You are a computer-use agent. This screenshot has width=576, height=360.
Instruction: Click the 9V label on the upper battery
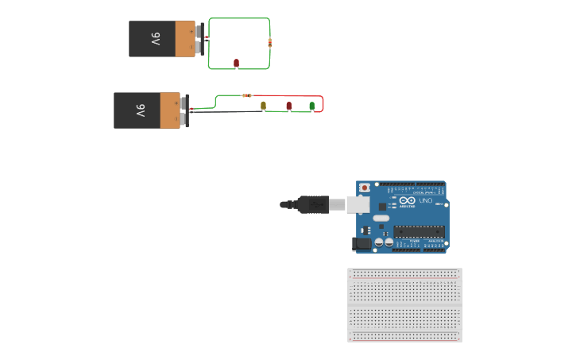(156, 39)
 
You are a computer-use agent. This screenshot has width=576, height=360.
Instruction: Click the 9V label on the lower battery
(140, 110)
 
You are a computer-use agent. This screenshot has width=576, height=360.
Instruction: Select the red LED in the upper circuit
(236, 62)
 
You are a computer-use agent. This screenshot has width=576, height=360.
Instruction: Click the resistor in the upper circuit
(269, 42)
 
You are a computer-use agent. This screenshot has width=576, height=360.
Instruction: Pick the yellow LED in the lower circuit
(264, 105)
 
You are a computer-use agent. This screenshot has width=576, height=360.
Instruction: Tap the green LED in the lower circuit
(311, 105)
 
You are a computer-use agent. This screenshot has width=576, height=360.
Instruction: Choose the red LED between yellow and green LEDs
(288, 105)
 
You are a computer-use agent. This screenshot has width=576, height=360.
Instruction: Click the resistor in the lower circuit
(247, 95)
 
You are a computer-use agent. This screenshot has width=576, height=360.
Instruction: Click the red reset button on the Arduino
(365, 188)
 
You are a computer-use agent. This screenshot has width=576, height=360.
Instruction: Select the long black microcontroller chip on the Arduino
(418, 232)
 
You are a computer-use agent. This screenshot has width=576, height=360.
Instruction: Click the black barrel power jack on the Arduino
(363, 244)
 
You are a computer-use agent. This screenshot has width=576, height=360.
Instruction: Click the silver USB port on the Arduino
(358, 204)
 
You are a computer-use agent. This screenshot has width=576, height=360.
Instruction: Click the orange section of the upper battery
(184, 39)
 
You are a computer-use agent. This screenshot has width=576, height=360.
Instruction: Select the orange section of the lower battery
(170, 110)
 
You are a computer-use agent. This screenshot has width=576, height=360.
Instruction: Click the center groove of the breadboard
(404, 304)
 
